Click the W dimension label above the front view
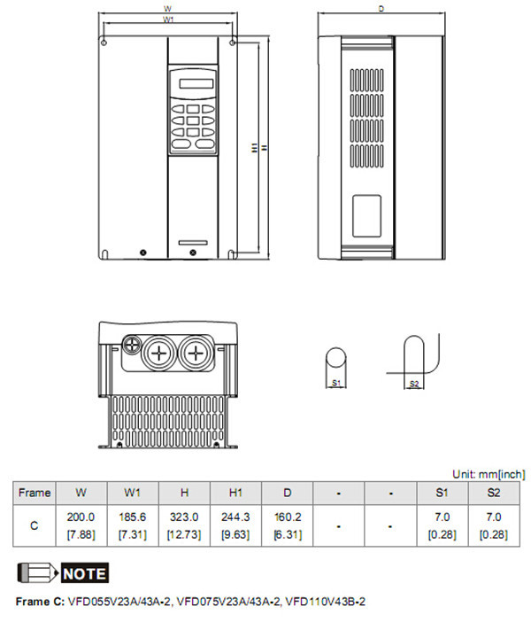tap(167, 8)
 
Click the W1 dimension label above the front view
tap(167, 19)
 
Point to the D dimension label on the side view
tap(381, 8)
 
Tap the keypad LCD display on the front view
tap(192, 84)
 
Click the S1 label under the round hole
tap(336, 383)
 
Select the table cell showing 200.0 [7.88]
tap(81, 525)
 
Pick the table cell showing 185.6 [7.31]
tap(132, 525)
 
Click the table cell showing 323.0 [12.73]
tap(183, 525)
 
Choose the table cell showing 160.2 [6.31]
tap(287, 525)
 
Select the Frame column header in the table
tap(35, 493)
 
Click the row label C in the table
tap(35, 525)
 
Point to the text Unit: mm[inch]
tap(489, 474)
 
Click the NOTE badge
tap(84, 573)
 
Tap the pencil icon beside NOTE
tap(35, 572)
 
